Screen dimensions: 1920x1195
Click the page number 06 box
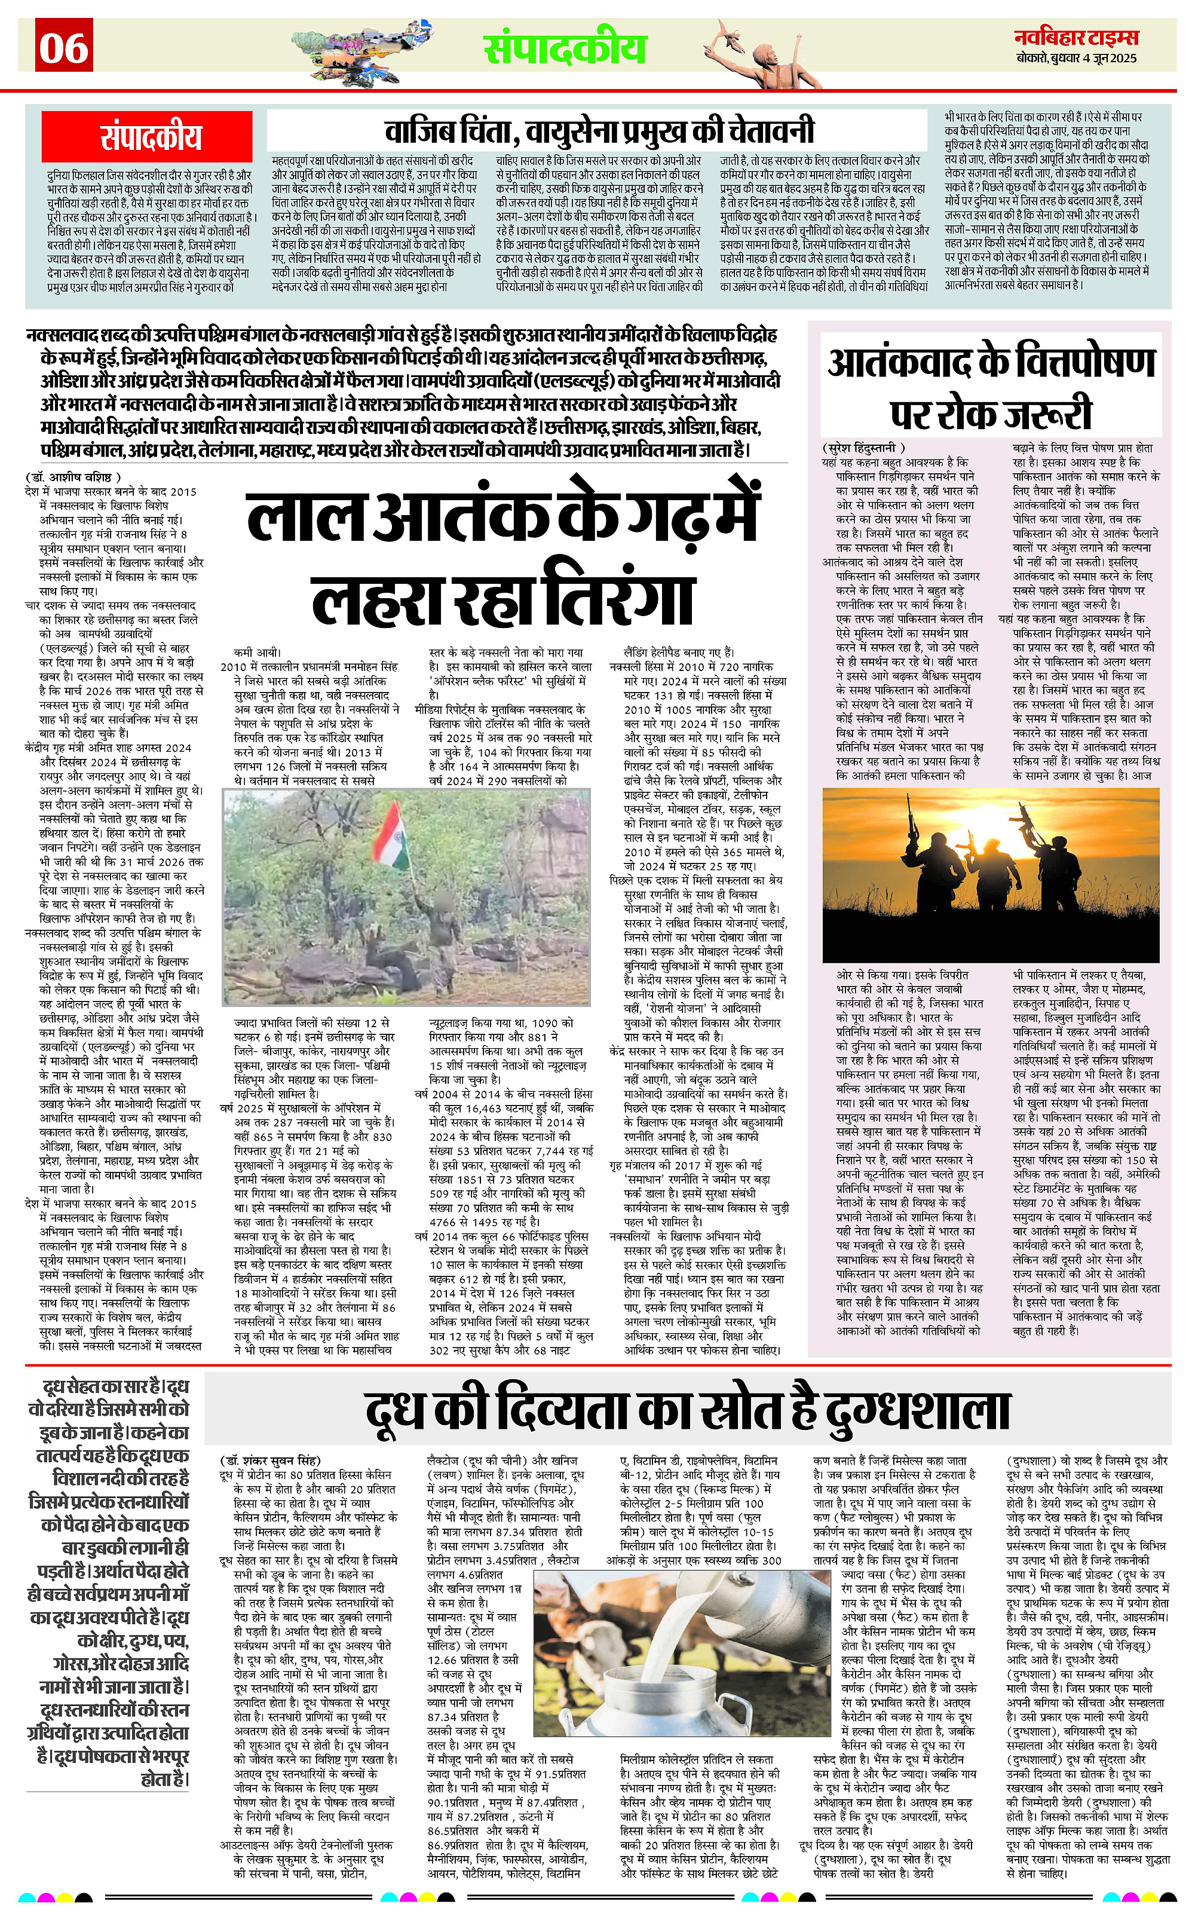65,47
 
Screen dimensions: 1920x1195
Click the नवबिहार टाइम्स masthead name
1077,36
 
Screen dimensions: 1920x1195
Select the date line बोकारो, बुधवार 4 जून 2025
1077,59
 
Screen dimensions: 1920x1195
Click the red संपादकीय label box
149,137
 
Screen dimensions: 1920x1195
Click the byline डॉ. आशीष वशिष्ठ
73,477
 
